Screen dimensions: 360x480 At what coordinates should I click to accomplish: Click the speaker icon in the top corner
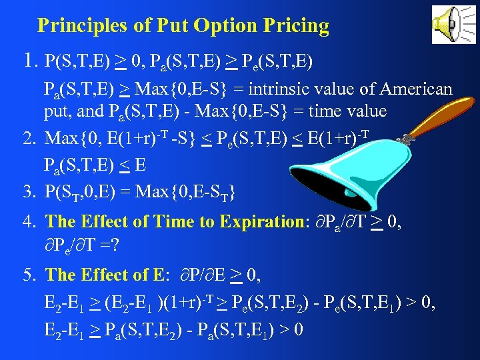click(454, 25)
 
